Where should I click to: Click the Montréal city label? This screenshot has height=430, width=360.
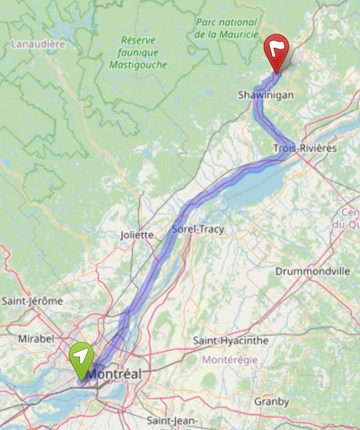pos(114,374)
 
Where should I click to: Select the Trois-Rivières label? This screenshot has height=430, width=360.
pos(305,148)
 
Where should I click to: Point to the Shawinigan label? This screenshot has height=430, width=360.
pos(266,95)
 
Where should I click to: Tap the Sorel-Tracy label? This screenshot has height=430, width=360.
pos(198,229)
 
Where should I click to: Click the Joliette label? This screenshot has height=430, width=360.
pos(137,235)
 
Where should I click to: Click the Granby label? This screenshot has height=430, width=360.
pos(272,401)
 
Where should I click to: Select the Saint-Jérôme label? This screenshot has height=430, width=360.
pos(32,301)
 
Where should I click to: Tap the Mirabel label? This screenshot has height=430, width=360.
pos(35,339)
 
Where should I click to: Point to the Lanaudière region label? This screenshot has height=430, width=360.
pos(38,44)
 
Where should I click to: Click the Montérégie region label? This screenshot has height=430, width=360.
pos(230,360)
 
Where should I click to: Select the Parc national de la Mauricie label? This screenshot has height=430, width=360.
pos(226,29)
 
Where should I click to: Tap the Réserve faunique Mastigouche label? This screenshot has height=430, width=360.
pos(138,52)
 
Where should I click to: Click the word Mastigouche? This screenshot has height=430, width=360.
pos(138,65)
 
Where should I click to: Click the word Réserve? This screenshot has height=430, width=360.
pos(138,40)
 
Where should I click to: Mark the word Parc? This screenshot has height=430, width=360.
pos(207,23)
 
